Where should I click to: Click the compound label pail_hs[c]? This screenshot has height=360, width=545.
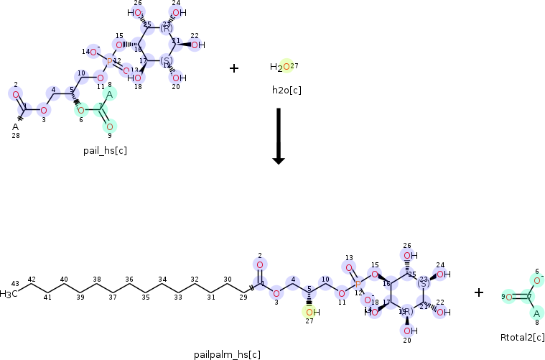click(x=105, y=150)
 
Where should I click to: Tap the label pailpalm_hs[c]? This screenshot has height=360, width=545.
click(x=227, y=354)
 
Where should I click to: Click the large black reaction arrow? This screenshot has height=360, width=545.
click(x=279, y=137)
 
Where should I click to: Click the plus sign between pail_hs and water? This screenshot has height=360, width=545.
click(x=233, y=68)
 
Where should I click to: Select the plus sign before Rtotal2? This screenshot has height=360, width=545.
click(x=479, y=292)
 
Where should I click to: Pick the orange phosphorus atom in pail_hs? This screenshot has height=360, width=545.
click(x=109, y=63)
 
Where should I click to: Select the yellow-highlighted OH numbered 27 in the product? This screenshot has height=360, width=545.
click(x=309, y=312)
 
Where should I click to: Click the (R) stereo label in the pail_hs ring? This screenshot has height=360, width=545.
click(x=166, y=27)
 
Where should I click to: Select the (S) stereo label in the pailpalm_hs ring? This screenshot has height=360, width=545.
click(x=423, y=285)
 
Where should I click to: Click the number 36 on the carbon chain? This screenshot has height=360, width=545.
click(x=129, y=279)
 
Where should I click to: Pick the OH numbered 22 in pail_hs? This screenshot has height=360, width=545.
click(x=197, y=45)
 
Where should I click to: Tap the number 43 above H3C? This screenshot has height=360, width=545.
click(x=15, y=283)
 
